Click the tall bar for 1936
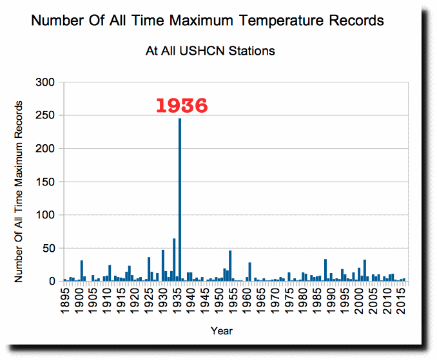(180, 200)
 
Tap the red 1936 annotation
(182, 106)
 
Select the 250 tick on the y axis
(45, 115)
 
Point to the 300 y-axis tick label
(45, 82)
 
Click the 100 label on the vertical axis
(45, 215)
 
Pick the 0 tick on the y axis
(52, 281)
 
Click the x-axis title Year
(222, 331)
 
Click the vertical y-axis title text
(19, 192)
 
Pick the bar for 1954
(230, 266)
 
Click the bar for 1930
(163, 265)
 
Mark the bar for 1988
(325, 270)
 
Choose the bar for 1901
(82, 270)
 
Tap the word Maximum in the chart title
(201, 21)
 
